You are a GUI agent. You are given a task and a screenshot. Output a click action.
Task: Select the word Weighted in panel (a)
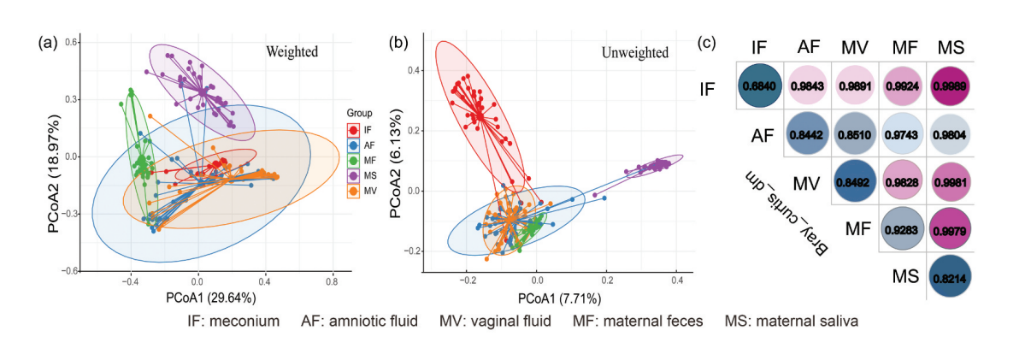click(x=290, y=52)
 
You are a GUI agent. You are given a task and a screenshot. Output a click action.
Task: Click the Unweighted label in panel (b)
click(x=635, y=52)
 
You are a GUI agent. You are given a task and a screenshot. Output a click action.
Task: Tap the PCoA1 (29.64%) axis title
click(x=209, y=298)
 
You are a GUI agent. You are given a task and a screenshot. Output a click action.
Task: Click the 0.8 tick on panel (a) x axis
click(x=332, y=280)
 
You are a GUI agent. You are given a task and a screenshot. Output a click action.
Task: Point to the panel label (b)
click(x=399, y=42)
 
